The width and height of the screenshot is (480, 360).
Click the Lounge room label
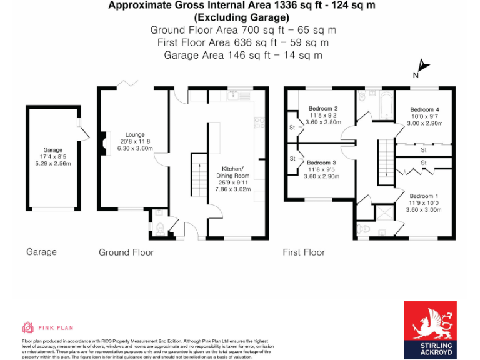coord(135,134)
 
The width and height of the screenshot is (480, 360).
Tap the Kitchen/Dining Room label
coord(233,172)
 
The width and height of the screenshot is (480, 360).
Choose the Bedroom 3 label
coord(322,162)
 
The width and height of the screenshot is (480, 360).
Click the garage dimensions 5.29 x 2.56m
coord(52,164)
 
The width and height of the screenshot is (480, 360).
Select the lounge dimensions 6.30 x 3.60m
coord(135,148)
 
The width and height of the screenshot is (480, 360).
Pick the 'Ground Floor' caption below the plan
coord(126,252)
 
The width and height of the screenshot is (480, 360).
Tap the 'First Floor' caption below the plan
coord(304,252)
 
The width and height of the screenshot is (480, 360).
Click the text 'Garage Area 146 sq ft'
coord(213,55)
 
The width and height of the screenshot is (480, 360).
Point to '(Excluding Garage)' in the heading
coord(244,17)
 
